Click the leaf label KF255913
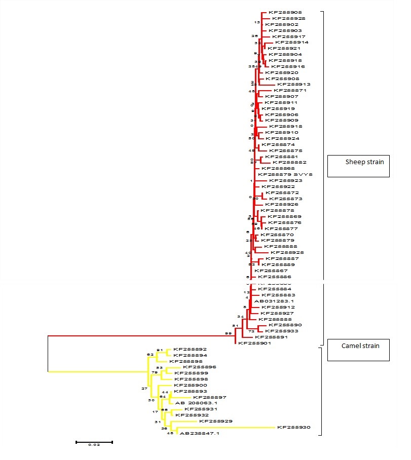point(293,84)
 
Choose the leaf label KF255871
point(290,90)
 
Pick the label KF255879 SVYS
point(285,174)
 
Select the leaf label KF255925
point(287,252)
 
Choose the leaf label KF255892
point(190,349)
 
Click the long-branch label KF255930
point(293,428)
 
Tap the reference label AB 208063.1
point(196,403)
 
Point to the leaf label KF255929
point(216,421)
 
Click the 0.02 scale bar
point(94,442)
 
